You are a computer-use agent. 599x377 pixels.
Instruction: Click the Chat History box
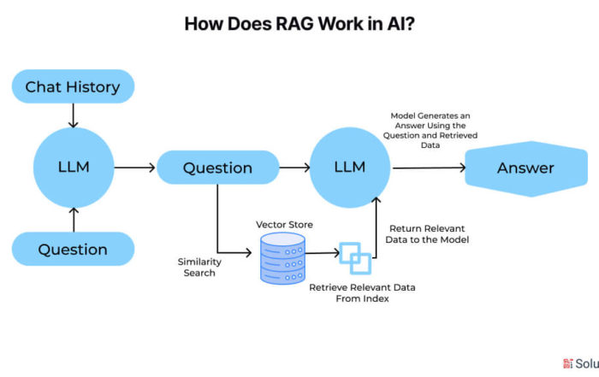tap(73, 86)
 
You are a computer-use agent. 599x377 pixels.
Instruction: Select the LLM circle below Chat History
tap(74, 168)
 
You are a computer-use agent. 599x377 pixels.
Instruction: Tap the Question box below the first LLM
tap(73, 249)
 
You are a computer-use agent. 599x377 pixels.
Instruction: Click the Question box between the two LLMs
tap(217, 168)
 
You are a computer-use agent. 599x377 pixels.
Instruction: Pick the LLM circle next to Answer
tap(350, 168)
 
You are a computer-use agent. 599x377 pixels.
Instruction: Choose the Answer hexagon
tap(526, 168)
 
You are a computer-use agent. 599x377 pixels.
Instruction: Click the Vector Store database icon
tap(282, 258)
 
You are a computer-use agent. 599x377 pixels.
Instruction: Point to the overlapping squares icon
tap(355, 258)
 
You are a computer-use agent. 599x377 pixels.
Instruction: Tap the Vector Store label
tap(284, 225)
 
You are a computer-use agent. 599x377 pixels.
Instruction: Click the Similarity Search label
tap(199, 267)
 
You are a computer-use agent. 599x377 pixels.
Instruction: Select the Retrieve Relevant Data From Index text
tap(362, 293)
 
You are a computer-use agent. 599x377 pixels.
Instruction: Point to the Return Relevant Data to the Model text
tap(427, 234)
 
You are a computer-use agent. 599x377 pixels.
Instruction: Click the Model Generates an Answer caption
tap(430, 130)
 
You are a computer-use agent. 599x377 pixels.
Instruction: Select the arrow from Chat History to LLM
tap(73, 115)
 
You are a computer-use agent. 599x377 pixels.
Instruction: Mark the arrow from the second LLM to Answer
tap(429, 168)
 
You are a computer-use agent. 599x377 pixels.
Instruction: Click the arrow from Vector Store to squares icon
tap(323, 252)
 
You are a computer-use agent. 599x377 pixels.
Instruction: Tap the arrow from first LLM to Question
tap(134, 168)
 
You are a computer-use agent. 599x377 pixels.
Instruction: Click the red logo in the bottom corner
tap(567, 363)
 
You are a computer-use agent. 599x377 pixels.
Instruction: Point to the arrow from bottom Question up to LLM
tap(74, 220)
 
